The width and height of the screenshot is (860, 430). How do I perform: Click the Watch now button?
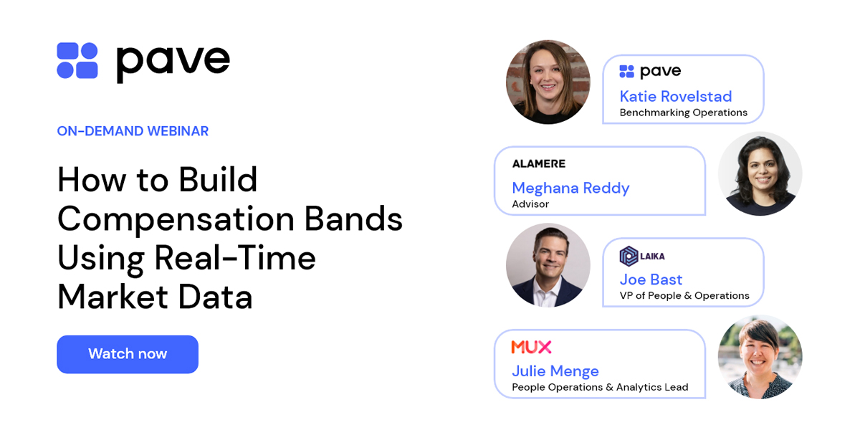point(128,354)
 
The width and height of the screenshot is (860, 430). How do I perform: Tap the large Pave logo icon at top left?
point(77,60)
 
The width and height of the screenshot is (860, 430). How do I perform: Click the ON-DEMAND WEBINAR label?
point(133,131)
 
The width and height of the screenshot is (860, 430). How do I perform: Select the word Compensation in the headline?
point(175,219)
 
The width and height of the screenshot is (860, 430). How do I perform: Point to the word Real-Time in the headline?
point(234,257)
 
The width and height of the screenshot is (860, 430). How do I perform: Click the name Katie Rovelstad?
point(675,96)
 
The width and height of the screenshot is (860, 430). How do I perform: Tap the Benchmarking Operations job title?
point(683,113)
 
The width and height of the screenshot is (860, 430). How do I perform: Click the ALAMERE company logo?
point(538,163)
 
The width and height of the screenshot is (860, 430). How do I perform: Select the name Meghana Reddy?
point(570,188)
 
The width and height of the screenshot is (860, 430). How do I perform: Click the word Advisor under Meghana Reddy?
point(530,204)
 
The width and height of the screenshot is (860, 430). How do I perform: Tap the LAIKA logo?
point(641,256)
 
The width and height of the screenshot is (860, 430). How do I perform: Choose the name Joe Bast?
point(651,279)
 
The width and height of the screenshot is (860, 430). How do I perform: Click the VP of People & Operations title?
point(684,296)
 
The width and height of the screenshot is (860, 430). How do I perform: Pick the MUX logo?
point(531,347)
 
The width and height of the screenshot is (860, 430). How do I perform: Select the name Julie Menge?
point(555,371)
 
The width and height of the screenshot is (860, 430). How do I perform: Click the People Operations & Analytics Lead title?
point(600,388)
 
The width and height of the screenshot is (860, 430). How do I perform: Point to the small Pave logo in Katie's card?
point(649,71)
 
